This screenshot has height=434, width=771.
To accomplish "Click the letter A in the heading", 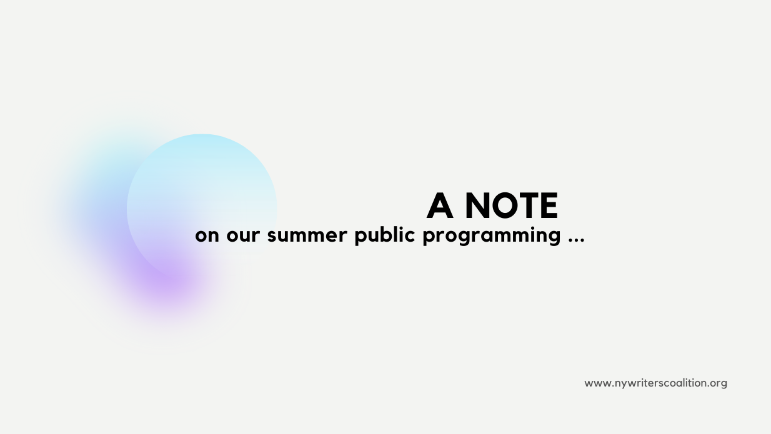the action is [439, 205].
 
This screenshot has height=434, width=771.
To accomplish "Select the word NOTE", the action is [512, 205].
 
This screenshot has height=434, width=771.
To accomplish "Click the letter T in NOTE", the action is [530, 205].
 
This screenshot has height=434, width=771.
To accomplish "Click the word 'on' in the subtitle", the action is [207, 235].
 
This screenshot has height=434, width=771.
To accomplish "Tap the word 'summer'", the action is [307, 235].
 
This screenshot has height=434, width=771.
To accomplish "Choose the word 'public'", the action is [384, 236].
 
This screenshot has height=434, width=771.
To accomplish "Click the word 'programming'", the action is [492, 237].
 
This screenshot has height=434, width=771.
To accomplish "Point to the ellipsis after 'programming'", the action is [577, 240].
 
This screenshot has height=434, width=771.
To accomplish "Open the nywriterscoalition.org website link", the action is [655, 383].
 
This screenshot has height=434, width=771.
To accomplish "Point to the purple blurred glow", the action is [169, 279].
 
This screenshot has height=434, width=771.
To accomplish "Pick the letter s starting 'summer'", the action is [272, 236].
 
